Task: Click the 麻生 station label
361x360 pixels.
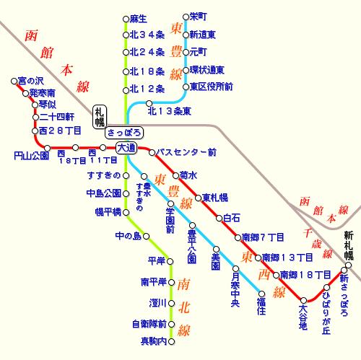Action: tap(139, 17)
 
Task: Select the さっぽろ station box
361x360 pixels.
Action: tap(124, 133)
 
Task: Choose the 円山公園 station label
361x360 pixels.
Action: tap(31, 155)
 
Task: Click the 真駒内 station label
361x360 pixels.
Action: tap(153, 341)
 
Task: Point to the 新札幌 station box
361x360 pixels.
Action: tap(349, 245)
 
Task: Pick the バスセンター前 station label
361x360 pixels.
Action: tap(186, 153)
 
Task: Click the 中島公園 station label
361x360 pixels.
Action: tap(103, 193)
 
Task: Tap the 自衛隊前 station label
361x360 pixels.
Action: tap(149, 324)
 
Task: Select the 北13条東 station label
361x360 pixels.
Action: tap(169, 111)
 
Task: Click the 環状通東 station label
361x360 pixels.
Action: tap(207, 70)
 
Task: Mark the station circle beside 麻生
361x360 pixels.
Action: tap(126, 17)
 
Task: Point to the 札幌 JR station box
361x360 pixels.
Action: tap(99, 115)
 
